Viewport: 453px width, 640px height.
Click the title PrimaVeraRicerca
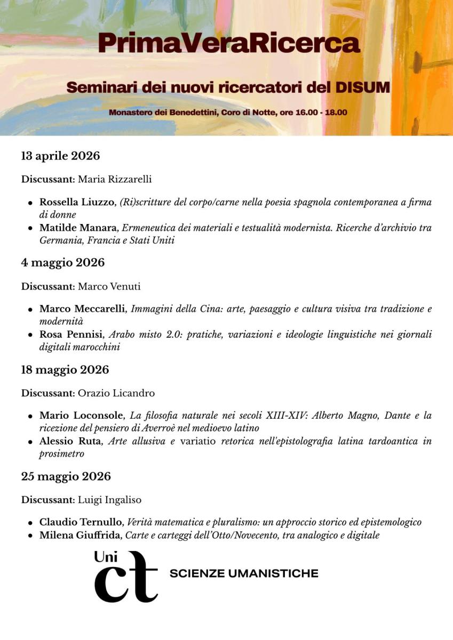click(228, 43)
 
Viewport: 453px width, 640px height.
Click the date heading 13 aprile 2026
click(60, 156)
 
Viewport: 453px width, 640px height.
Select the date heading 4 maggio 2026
click(63, 262)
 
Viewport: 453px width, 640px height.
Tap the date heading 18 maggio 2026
click(65, 370)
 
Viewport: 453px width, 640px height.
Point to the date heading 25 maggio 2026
click(66, 476)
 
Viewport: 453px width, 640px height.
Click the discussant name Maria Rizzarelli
click(115, 179)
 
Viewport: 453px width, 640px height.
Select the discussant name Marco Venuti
click(109, 286)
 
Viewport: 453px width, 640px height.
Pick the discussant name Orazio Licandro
click(116, 393)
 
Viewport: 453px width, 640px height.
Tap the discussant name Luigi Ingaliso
click(109, 500)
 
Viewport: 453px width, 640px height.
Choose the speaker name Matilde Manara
click(78, 228)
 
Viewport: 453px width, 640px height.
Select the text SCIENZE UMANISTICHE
click(243, 574)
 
